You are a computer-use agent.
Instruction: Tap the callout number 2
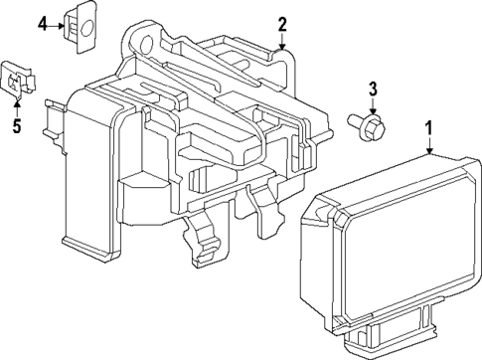tap(282, 23)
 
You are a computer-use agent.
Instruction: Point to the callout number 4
tap(43, 22)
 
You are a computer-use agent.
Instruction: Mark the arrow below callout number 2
tap(282, 42)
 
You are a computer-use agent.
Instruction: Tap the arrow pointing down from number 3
tap(373, 107)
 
